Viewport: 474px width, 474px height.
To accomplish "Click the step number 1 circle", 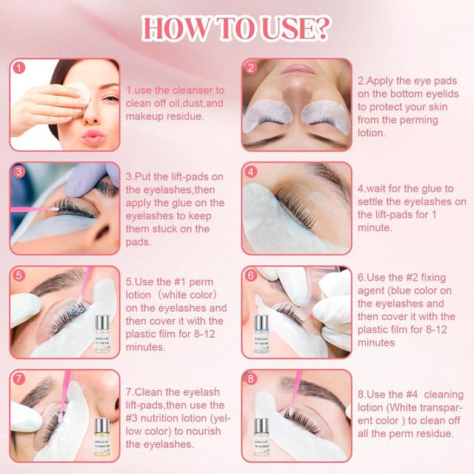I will [20, 67].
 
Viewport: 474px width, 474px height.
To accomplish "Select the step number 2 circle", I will [252, 67].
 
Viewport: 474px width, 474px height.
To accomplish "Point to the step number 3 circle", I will [20, 171].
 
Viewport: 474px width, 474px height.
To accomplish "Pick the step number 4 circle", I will [252, 171].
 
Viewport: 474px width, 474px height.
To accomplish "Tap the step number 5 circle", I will [20, 276].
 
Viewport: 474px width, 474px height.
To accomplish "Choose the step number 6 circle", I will [252, 276].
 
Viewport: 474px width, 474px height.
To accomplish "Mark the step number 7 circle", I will [20, 379].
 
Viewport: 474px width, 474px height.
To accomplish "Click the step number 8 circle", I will [252, 379].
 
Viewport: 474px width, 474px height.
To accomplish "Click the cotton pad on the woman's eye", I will [79, 93].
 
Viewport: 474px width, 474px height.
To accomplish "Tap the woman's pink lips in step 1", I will [94, 137].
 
